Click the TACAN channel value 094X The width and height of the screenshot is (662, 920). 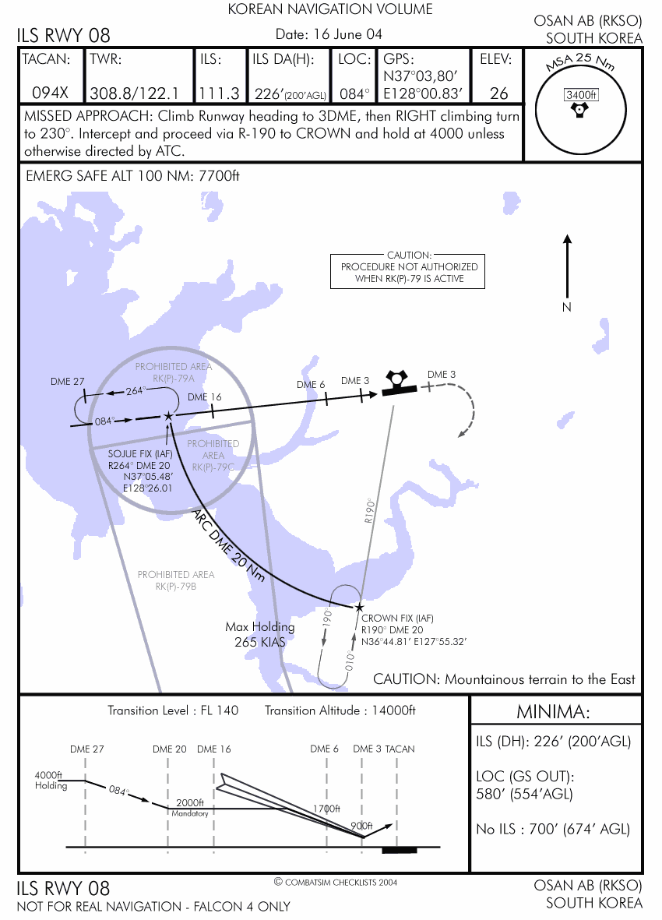coord(50,93)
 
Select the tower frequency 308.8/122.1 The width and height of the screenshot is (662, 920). coord(135,93)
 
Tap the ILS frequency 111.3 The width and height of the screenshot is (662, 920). coord(219,93)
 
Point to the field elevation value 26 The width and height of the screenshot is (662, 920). coord(498,93)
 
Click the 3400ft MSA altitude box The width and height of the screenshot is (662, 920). coord(581,95)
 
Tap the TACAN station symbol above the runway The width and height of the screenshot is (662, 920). coord(397,379)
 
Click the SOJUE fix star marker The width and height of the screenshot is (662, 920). coord(168,417)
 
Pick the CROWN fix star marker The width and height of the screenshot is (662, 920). coord(359,607)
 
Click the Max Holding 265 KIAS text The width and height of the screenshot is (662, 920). coord(260,634)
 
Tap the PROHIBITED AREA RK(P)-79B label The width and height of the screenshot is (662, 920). coord(175,580)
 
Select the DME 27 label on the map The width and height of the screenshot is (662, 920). coord(67,382)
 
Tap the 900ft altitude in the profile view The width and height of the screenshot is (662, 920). coord(361,826)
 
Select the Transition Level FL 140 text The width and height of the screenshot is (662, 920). coord(173,710)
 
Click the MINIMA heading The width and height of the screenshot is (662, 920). coord(554,712)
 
